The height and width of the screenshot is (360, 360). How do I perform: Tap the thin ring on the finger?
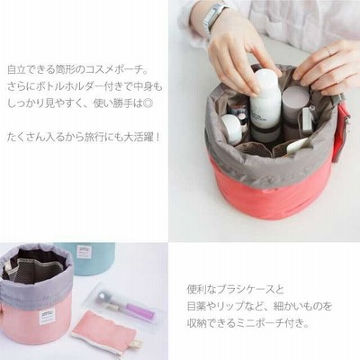[328, 51]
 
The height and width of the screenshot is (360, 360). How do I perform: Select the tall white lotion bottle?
[265, 104]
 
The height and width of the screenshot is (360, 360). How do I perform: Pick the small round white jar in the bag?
[231, 128]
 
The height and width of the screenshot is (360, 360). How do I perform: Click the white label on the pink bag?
[47, 317]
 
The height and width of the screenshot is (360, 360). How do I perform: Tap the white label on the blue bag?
[84, 251]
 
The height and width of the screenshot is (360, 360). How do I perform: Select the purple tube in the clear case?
[140, 311]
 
